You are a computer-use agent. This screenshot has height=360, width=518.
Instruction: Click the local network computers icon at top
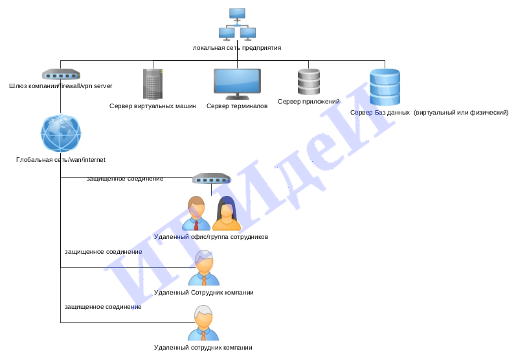pos(237,25)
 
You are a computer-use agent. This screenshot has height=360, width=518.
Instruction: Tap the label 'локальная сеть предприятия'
pos(237,47)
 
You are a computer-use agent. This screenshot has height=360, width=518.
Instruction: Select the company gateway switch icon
pos(61,74)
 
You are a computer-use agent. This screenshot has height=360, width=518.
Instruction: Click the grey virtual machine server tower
pos(153,84)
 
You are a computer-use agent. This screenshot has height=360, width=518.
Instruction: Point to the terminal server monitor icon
pos(237,84)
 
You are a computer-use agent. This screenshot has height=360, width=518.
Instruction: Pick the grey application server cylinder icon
pos(309,82)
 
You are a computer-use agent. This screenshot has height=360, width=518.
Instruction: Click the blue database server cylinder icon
pos(385,87)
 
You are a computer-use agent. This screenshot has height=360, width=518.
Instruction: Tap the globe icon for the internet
pos(61,133)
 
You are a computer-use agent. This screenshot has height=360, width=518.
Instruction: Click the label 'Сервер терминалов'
pos(237,106)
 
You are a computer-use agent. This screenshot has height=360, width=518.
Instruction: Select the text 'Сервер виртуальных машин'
pos(153,106)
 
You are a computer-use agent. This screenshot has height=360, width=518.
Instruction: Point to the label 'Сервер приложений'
pos(309,102)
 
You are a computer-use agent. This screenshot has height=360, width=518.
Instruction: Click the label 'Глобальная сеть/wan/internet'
pos(61,160)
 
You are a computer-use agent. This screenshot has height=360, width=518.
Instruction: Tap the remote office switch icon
pos(212,178)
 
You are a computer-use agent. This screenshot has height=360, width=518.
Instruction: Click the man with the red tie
pos(196,214)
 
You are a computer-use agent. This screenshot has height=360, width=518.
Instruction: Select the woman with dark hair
pos(227,214)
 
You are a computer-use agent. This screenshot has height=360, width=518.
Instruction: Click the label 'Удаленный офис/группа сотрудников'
pos(211,237)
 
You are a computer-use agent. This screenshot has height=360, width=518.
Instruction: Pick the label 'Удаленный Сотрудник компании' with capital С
pos(204,293)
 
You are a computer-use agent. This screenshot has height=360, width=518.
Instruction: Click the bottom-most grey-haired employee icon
pos(203,322)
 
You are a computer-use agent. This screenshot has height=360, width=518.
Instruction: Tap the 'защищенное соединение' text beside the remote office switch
pos(125,179)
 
